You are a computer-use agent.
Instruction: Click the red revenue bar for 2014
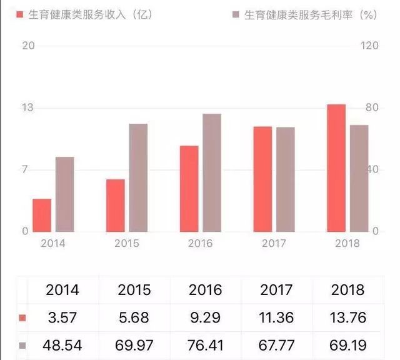pos(42,215)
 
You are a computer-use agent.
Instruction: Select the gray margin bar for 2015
pos(138,177)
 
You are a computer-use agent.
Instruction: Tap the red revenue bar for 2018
pos(336,167)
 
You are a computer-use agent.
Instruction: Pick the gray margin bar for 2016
pos(212,172)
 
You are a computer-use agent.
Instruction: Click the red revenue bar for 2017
pos(262,179)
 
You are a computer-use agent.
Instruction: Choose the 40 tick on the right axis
pos(372,169)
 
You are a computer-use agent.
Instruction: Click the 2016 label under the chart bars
pos(201,243)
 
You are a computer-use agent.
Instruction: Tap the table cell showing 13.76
pos(349,317)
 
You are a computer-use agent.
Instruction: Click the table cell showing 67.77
pos(276,345)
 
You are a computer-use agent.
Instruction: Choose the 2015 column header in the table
pos(134,290)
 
